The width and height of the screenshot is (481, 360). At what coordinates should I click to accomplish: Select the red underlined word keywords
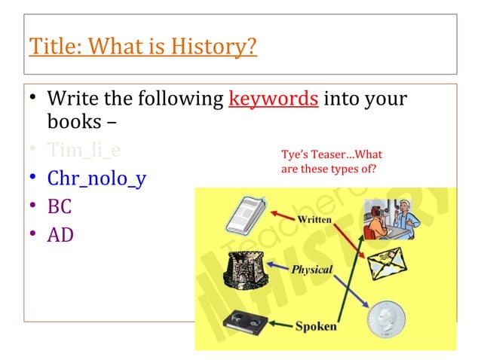click(272, 99)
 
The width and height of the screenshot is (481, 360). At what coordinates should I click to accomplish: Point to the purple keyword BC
click(60, 207)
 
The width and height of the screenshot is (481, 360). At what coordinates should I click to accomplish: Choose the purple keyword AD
click(60, 235)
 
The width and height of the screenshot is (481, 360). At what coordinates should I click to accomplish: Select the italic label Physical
click(312, 269)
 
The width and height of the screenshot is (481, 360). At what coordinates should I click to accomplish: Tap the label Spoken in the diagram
click(315, 326)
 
